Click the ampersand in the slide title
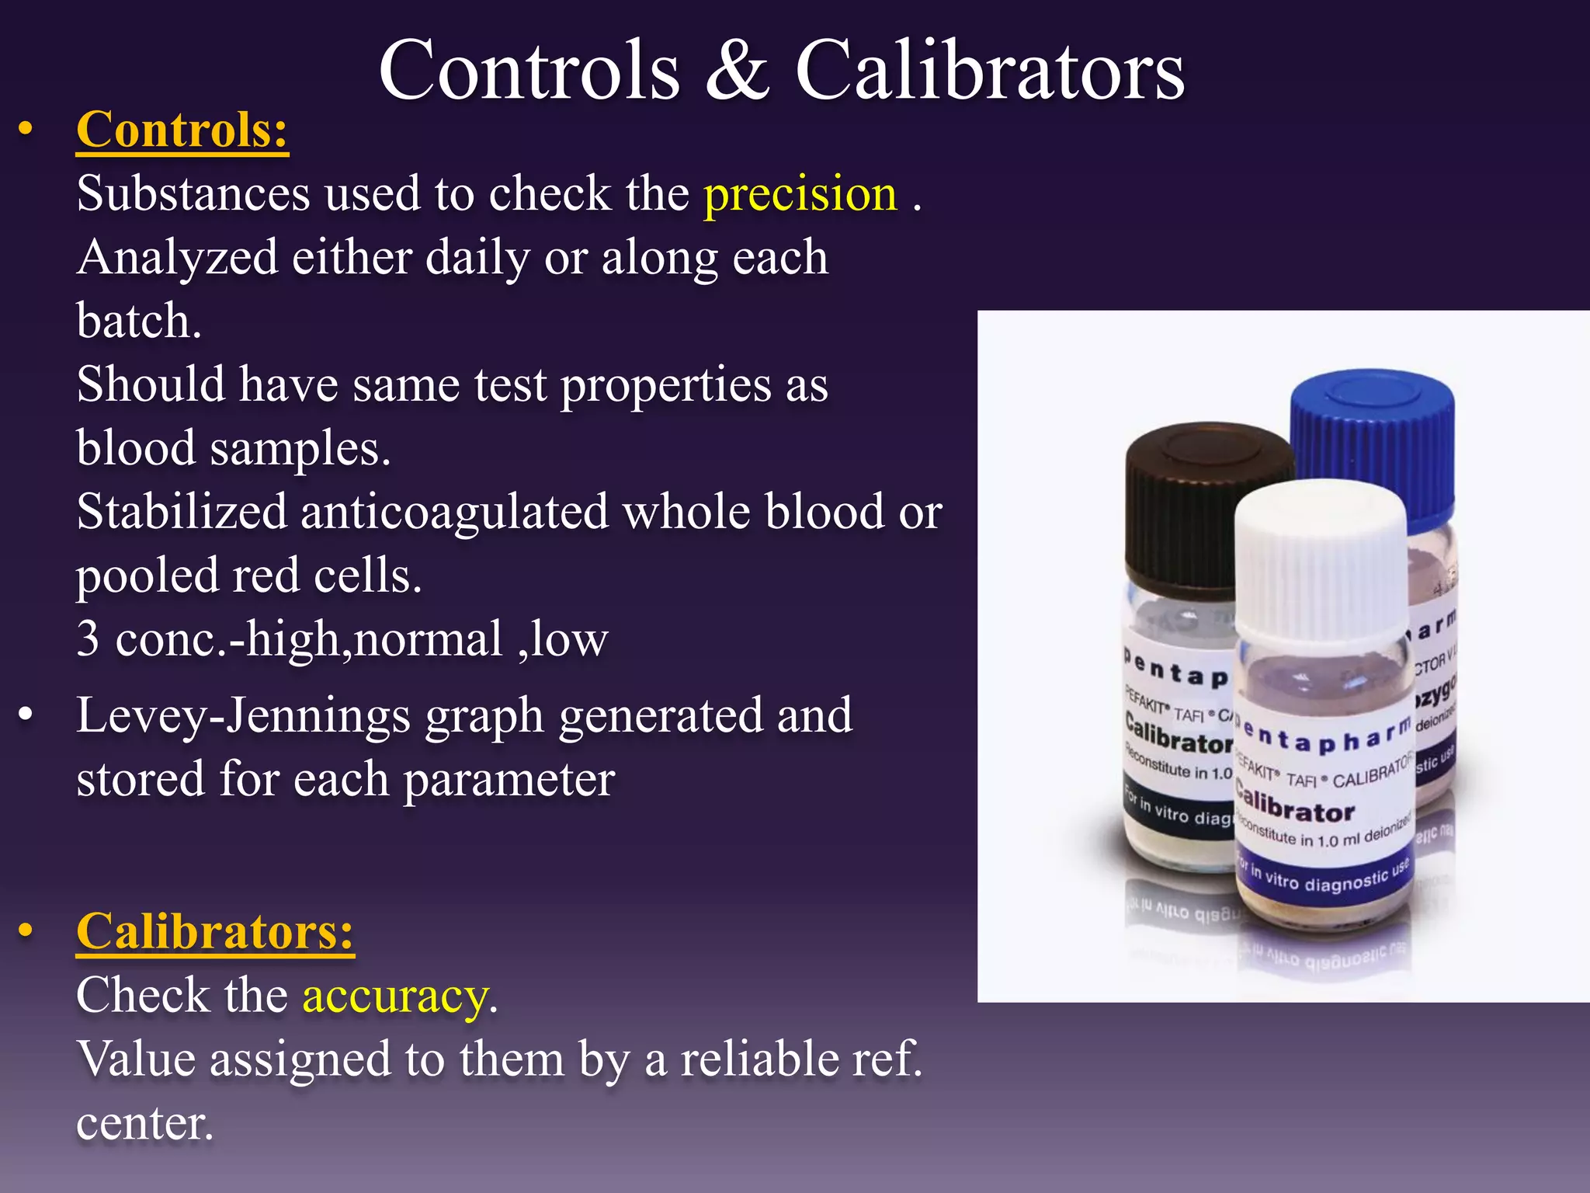[738, 71]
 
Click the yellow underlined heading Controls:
[182, 130]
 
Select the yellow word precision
[800, 193]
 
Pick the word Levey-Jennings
[242, 716]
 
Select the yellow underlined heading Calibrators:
[215, 931]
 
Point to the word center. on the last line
[144, 1123]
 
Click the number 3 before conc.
[89, 640]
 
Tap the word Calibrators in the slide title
[990, 71]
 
